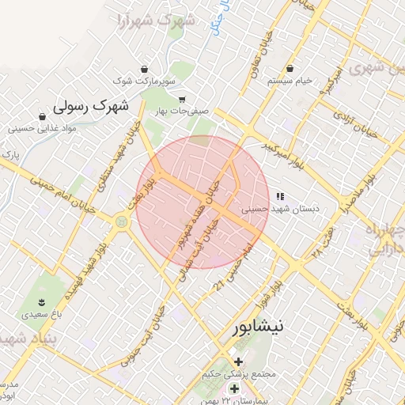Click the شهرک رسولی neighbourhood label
click(x=91, y=105)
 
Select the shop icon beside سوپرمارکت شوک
click(x=143, y=68)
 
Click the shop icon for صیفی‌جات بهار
click(x=182, y=100)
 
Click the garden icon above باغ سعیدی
click(x=41, y=302)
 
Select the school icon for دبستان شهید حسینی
click(x=279, y=195)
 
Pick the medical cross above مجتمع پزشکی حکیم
click(x=238, y=361)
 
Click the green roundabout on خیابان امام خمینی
click(x=121, y=222)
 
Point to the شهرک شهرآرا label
click(x=153, y=20)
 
